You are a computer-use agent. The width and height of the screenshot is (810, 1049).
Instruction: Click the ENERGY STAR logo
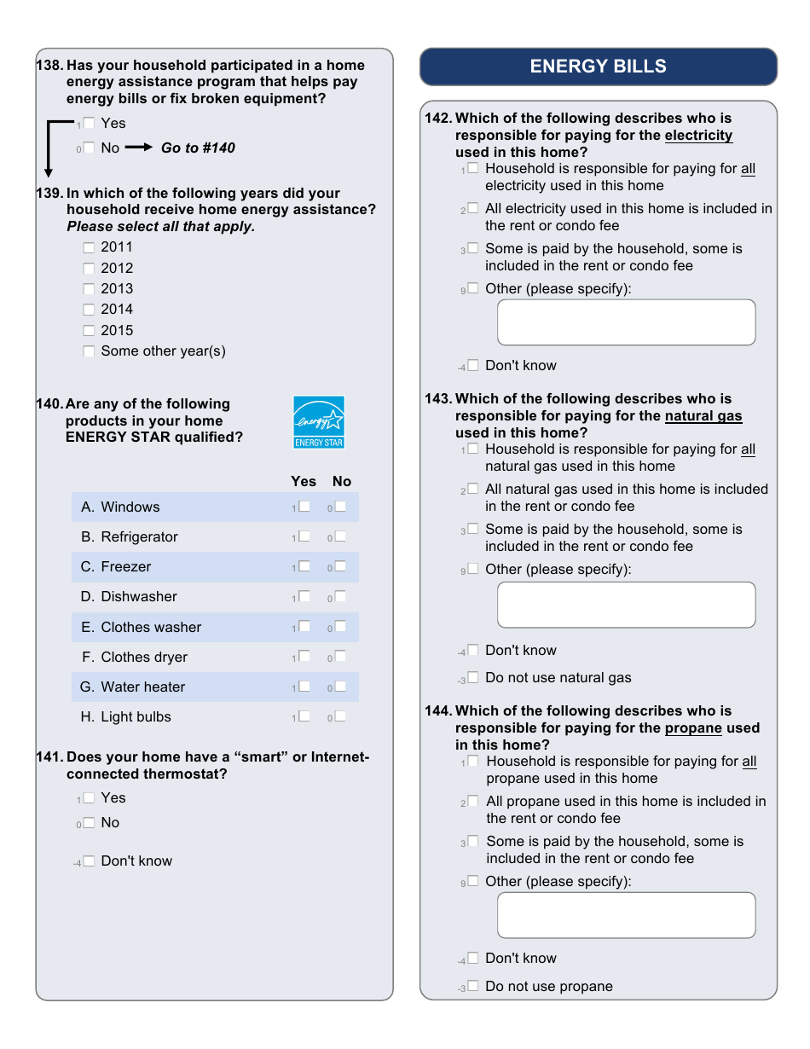(319, 421)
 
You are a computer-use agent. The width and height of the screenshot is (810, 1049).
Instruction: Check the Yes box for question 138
(89, 124)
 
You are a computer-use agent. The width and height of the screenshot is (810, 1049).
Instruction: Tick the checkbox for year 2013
(89, 289)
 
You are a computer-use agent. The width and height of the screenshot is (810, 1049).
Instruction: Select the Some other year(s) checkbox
(89, 351)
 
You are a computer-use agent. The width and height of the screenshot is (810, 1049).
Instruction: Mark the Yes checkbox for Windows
(304, 507)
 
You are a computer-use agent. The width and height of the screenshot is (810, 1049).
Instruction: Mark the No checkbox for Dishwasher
(340, 597)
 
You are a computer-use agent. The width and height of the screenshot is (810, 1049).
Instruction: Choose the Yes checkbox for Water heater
(304, 687)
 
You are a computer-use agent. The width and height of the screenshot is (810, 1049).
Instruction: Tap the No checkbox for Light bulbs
(340, 716)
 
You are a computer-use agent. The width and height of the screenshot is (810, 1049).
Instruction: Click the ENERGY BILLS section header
(598, 67)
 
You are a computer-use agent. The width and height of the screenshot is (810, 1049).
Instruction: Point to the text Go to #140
(198, 148)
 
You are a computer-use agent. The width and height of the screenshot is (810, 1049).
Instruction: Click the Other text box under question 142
(626, 322)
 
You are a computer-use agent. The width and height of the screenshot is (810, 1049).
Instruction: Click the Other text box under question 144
(626, 915)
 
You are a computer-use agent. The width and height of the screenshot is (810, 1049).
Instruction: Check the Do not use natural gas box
(473, 678)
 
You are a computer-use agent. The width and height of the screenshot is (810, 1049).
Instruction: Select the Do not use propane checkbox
(473, 986)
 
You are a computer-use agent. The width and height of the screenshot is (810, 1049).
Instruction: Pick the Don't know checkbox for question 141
(89, 861)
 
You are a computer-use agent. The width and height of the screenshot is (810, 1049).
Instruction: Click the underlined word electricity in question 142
(698, 136)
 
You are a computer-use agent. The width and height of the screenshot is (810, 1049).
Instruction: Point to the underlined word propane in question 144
(693, 728)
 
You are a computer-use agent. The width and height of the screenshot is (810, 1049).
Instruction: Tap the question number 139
(49, 194)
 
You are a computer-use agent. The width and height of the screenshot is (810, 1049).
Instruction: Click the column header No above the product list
(342, 482)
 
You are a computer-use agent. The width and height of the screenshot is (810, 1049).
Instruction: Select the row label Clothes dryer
(143, 658)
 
